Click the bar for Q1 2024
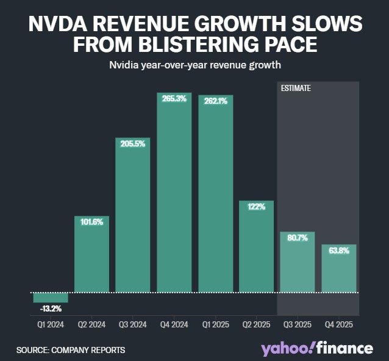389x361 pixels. (x=51, y=297)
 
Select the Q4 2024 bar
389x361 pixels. (x=174, y=195)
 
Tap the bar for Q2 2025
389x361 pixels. (x=256, y=247)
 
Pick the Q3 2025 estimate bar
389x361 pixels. (x=298, y=263)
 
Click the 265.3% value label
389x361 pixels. (x=174, y=98)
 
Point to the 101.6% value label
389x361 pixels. (x=91, y=222)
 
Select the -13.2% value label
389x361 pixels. (x=51, y=308)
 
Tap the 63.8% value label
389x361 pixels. (x=338, y=250)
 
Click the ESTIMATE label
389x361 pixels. (x=296, y=88)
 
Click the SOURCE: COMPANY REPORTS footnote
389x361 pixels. (x=71, y=350)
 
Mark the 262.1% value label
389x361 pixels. (x=215, y=101)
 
